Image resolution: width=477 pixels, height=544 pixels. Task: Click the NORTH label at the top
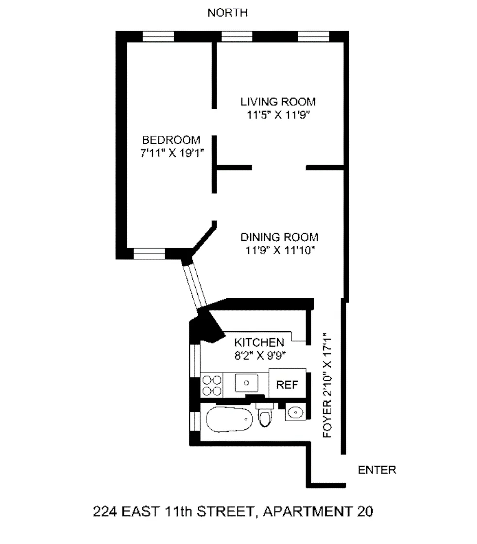click(x=228, y=13)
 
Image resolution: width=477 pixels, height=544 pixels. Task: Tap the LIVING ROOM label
click(x=278, y=102)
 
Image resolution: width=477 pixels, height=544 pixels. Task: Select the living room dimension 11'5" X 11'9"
click(x=278, y=115)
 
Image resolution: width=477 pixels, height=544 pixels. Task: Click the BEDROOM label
click(x=171, y=140)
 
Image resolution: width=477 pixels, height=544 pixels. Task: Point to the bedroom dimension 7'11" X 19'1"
click(x=171, y=153)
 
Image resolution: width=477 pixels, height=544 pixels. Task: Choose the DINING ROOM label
click(x=280, y=238)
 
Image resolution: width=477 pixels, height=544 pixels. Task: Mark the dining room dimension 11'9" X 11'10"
click(x=279, y=251)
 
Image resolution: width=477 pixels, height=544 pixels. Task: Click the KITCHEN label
click(x=258, y=341)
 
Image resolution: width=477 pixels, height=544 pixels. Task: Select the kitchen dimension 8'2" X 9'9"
click(x=258, y=354)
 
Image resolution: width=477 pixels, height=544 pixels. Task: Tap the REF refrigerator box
click(x=287, y=385)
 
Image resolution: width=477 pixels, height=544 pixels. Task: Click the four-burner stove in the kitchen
click(x=212, y=385)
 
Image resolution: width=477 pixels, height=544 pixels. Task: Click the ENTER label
click(x=377, y=470)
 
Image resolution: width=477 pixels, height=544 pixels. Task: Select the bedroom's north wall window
click(x=158, y=37)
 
